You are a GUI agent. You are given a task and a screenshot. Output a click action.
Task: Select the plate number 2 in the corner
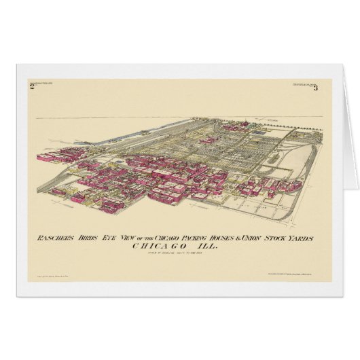pos(32,86)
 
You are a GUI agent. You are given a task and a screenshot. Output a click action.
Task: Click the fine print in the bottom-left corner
pos(48,279)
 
